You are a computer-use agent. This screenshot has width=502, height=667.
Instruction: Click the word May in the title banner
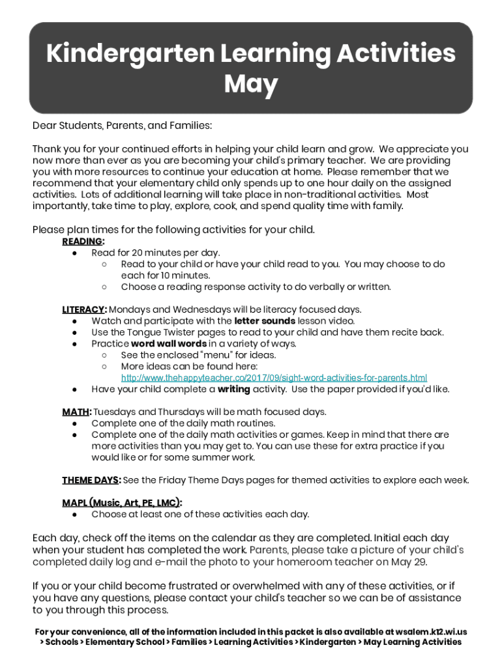coord(251,85)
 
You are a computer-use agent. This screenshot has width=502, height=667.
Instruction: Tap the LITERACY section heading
coord(84,309)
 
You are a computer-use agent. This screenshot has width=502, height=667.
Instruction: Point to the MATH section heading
coord(76,412)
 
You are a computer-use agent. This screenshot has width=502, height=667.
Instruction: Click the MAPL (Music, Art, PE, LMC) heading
coord(122,503)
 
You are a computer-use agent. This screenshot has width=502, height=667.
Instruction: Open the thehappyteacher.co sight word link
coord(274,378)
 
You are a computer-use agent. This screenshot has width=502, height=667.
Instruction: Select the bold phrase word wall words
coord(169,344)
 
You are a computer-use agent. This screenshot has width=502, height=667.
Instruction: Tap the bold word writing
coord(233,390)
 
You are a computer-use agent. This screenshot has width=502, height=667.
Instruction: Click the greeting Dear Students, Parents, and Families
coord(122,125)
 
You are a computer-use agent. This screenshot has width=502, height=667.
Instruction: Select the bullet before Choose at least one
coord(76,515)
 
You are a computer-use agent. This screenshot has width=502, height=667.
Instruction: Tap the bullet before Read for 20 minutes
coord(76,253)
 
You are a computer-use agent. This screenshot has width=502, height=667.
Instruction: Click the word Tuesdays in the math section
coord(115,412)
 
